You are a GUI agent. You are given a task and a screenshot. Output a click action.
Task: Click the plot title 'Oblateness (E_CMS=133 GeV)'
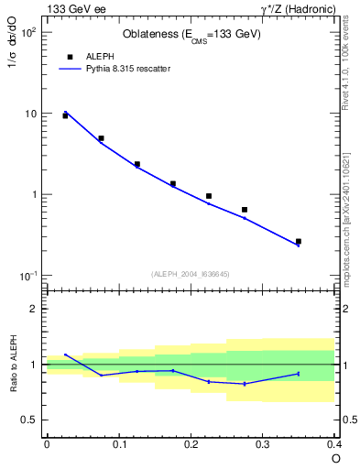click(x=191, y=35)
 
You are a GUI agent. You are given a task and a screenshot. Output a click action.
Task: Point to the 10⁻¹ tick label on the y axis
click(x=27, y=276)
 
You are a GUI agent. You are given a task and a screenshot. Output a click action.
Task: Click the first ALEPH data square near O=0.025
click(x=65, y=116)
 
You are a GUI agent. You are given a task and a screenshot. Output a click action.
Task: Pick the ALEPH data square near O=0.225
click(x=209, y=196)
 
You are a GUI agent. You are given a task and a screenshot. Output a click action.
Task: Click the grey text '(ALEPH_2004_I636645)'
click(x=191, y=273)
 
